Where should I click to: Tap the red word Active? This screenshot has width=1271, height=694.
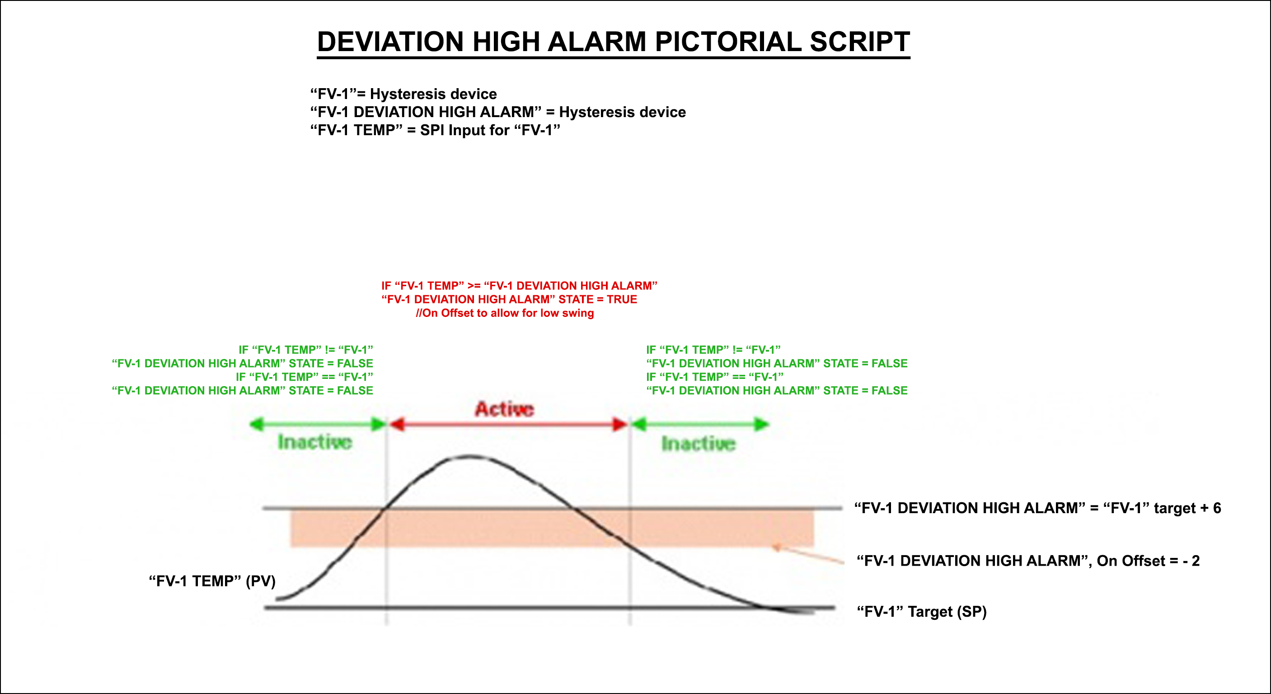click(504, 409)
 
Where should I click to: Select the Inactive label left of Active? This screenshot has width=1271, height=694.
click(315, 442)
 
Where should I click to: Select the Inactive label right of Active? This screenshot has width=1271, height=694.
click(698, 443)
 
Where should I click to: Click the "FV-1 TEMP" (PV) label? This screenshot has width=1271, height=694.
click(212, 581)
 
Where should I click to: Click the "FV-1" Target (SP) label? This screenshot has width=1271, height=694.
click(922, 612)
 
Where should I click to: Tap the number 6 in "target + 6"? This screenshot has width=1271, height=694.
click(1217, 508)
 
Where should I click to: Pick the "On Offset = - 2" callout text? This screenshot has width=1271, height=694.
click(1148, 561)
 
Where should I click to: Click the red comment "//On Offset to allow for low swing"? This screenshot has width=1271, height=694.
click(505, 313)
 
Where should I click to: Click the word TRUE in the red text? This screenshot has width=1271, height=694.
click(622, 299)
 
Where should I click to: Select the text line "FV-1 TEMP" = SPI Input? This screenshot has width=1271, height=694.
click(435, 130)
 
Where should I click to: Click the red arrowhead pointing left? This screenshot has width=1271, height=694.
click(396, 424)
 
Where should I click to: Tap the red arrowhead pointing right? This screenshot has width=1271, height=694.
click(620, 424)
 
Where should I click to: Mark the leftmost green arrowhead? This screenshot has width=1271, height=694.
click(257, 424)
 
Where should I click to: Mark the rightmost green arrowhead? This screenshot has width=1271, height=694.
click(762, 424)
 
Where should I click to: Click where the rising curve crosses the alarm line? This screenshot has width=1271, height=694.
click(385, 508)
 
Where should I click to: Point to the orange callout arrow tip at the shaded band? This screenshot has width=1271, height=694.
click(774, 547)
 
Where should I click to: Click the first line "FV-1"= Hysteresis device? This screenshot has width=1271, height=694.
click(403, 94)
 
